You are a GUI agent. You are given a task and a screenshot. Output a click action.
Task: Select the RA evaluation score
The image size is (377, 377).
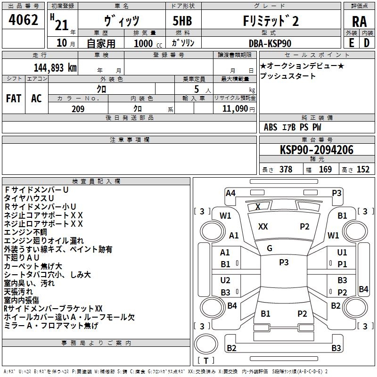point(359,21)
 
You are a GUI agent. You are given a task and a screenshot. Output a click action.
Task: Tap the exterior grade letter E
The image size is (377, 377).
point(351,42)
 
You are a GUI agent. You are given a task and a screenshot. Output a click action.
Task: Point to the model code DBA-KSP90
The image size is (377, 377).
point(270,43)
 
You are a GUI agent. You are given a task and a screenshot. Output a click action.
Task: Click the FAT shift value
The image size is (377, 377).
point(14,98)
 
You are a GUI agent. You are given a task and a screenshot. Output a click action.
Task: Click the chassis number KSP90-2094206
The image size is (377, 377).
point(317,150)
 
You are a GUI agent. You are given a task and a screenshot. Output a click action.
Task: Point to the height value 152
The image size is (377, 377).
point(362,169)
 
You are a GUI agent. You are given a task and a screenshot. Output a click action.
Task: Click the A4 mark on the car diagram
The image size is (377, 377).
point(230,193)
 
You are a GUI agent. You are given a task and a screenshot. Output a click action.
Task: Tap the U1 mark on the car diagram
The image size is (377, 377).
point(342,253)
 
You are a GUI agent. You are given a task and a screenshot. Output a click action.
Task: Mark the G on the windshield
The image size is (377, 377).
point(270,248)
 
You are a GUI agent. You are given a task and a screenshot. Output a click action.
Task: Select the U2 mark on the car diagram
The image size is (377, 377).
point(225,280)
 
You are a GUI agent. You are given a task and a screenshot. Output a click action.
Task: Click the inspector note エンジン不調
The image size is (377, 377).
point(25,232)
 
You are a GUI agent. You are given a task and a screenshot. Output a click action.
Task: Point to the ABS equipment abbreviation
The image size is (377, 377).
point(270,127)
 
